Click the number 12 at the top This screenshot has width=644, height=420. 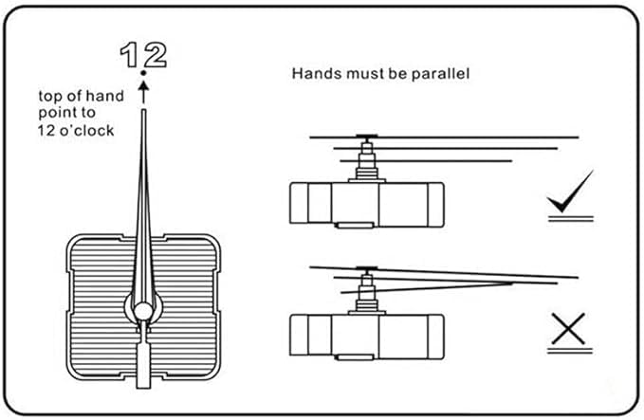(143, 55)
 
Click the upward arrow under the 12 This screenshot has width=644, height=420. (143, 91)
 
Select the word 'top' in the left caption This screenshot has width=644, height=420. (50, 97)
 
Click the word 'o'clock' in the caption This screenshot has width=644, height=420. (90, 131)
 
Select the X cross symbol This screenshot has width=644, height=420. (568, 328)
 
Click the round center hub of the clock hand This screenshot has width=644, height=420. (142, 310)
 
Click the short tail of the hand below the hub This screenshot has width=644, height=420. (142, 365)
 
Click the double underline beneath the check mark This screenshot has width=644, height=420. (569, 217)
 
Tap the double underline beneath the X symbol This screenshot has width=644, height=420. (569, 353)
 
